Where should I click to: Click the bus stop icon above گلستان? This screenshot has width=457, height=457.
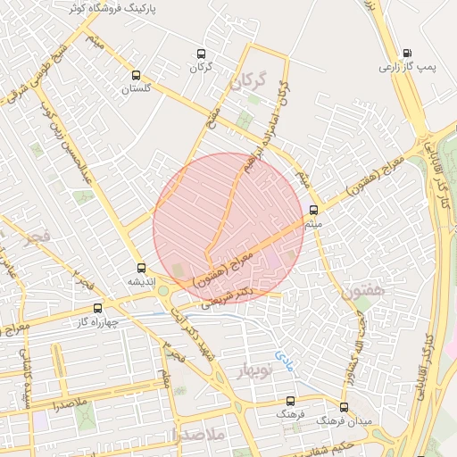[136, 76]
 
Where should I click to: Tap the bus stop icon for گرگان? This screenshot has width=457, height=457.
[200, 54]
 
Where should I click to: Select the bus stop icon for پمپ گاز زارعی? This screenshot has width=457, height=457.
[407, 53]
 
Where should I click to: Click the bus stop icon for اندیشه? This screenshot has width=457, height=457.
[140, 268]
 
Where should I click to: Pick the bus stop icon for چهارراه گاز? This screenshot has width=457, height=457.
[97, 308]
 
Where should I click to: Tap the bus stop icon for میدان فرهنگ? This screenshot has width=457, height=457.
[344, 407]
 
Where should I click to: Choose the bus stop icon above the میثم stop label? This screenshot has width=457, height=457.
[312, 211]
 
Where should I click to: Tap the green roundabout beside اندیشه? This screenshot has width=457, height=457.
[163, 290]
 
